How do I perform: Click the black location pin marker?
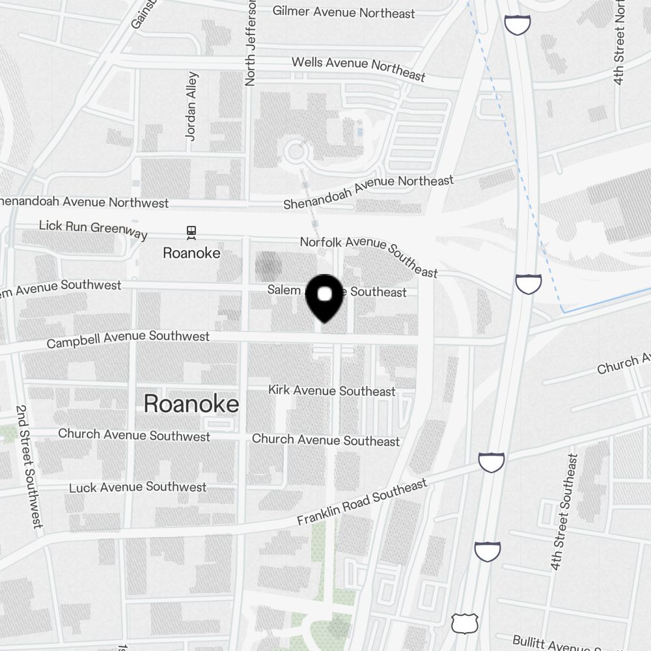pyautogui.click(x=324, y=298)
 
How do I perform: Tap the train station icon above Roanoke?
pyautogui.click(x=191, y=232)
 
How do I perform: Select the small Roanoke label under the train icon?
pyautogui.click(x=191, y=253)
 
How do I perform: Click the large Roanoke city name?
pyautogui.click(x=191, y=404)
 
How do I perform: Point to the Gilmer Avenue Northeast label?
pyautogui.click(x=343, y=12)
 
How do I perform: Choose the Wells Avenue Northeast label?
pyautogui.click(x=358, y=68)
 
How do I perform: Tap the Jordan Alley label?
pyautogui.click(x=191, y=105)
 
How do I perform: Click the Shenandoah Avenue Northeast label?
pyautogui.click(x=368, y=192)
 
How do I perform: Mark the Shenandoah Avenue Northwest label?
pyautogui.click(x=85, y=201)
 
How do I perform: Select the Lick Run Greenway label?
pyautogui.click(x=93, y=229)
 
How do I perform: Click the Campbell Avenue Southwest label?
pyautogui.click(x=128, y=339)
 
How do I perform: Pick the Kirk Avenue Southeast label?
pyautogui.click(x=332, y=391)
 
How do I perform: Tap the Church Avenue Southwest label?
pyautogui.click(x=134, y=434)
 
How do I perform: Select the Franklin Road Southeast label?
pyautogui.click(x=363, y=502)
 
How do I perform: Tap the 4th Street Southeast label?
pyautogui.click(x=563, y=512)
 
